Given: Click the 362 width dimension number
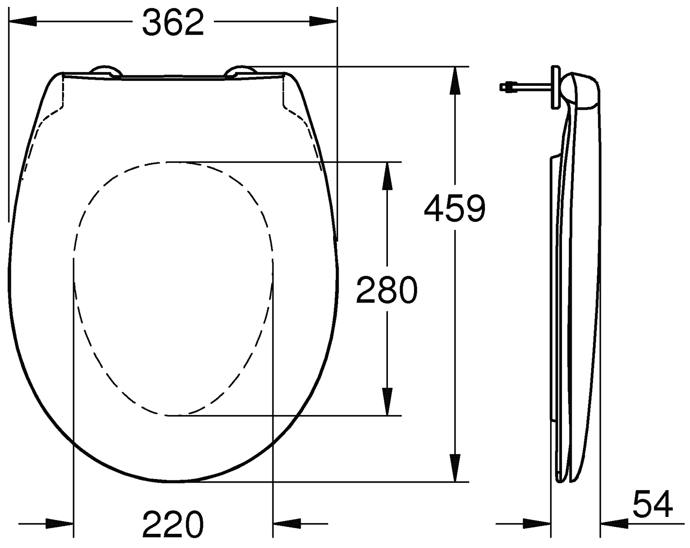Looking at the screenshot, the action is (173, 22).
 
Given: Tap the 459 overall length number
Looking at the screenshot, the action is (455, 208).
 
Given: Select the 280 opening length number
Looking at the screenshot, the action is (387, 290).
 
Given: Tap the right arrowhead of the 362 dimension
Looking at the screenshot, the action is (323, 22).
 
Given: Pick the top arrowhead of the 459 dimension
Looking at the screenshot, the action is (455, 81).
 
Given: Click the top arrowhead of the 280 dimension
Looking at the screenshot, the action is (387, 176).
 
